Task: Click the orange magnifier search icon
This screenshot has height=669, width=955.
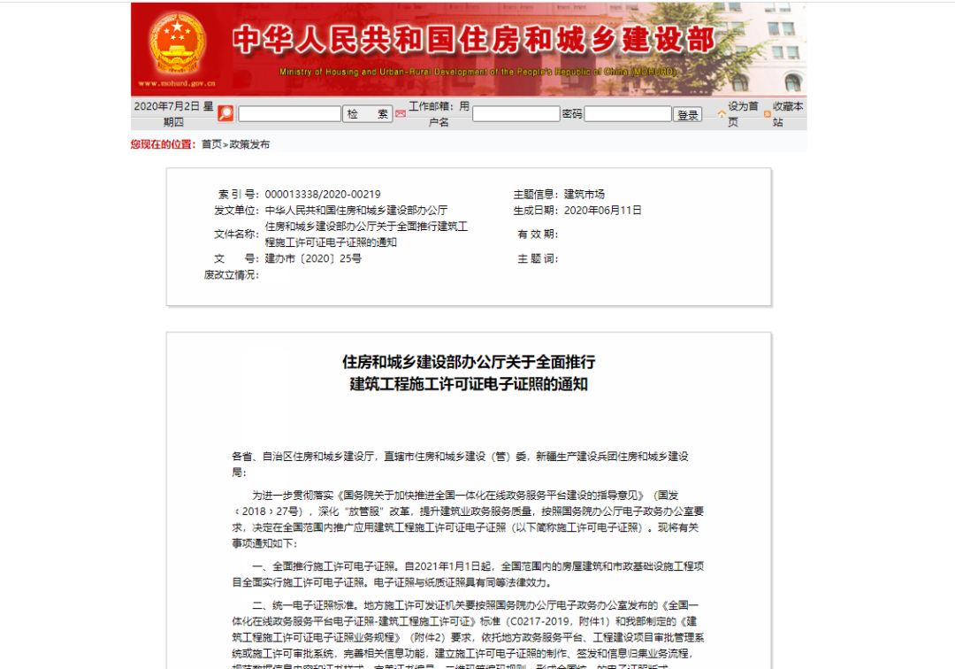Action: tap(225, 113)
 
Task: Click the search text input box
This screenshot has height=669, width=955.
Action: tap(289, 114)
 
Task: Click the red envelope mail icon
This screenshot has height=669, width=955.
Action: tap(401, 114)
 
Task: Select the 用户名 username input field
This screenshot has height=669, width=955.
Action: tap(516, 114)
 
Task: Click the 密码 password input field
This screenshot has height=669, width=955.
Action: tap(627, 114)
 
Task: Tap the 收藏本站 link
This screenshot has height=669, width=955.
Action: tap(787, 113)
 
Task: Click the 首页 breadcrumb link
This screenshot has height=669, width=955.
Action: tap(211, 144)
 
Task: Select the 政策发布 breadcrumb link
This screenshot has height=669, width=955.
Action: tap(249, 144)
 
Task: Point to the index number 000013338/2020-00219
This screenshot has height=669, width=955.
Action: tap(323, 195)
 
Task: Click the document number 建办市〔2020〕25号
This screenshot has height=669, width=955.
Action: tap(313, 258)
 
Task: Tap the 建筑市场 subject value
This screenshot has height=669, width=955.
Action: tap(584, 195)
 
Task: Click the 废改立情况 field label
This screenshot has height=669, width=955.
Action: tap(232, 275)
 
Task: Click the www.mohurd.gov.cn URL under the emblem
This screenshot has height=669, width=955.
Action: tap(177, 83)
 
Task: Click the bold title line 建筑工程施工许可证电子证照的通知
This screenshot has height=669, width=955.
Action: tap(469, 385)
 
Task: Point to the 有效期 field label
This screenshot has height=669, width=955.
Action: tap(537, 235)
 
